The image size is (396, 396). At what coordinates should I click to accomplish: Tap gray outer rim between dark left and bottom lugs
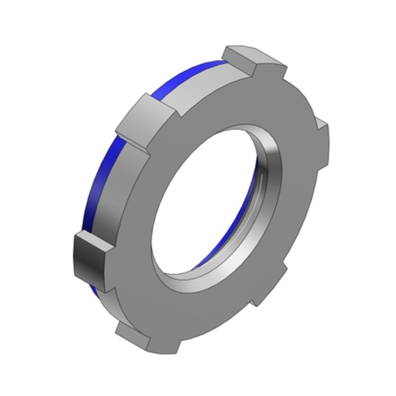[106, 307]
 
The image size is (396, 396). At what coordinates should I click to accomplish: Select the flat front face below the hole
[198, 307]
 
